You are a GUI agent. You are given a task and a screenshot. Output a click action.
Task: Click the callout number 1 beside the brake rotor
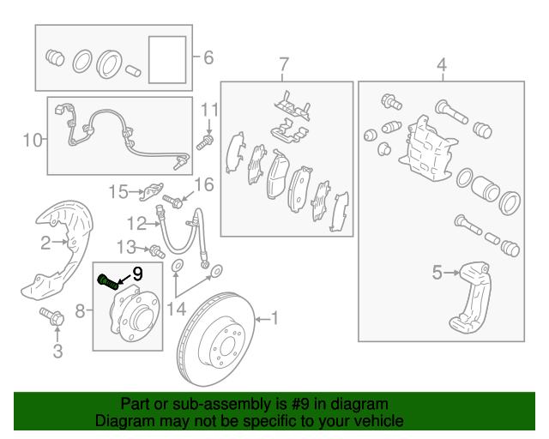[x=275, y=318]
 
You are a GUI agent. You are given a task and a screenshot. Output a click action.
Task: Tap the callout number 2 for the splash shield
[x=46, y=244]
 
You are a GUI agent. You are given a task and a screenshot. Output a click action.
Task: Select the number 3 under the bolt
[x=58, y=351]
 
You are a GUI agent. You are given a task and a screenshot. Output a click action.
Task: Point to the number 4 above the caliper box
[x=442, y=65]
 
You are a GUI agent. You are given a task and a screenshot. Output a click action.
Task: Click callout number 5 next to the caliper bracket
[x=437, y=274]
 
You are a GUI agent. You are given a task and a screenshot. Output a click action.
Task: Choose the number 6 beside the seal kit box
[x=208, y=58]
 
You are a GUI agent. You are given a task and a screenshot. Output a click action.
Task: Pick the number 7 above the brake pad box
[x=285, y=65]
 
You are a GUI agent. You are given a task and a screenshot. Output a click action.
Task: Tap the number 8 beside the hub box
[x=80, y=310]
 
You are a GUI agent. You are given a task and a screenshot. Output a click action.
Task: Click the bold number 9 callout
[x=137, y=275]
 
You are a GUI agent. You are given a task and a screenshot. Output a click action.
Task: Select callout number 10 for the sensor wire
[x=32, y=139]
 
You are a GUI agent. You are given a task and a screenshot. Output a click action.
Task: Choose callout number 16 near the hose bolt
[x=202, y=184]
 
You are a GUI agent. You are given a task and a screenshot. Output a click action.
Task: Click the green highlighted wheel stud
[x=107, y=281]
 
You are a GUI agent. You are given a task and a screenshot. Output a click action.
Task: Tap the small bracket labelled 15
[x=152, y=189]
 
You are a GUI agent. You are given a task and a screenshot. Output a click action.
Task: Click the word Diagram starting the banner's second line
[x=123, y=421]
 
